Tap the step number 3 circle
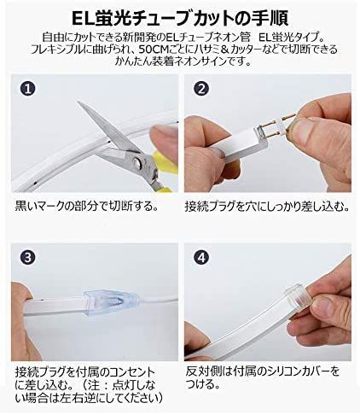click(x=29, y=257)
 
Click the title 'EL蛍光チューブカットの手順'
click(x=180, y=15)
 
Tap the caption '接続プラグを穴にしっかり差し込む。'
click(x=266, y=207)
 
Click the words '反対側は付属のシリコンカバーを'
click(x=263, y=371)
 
